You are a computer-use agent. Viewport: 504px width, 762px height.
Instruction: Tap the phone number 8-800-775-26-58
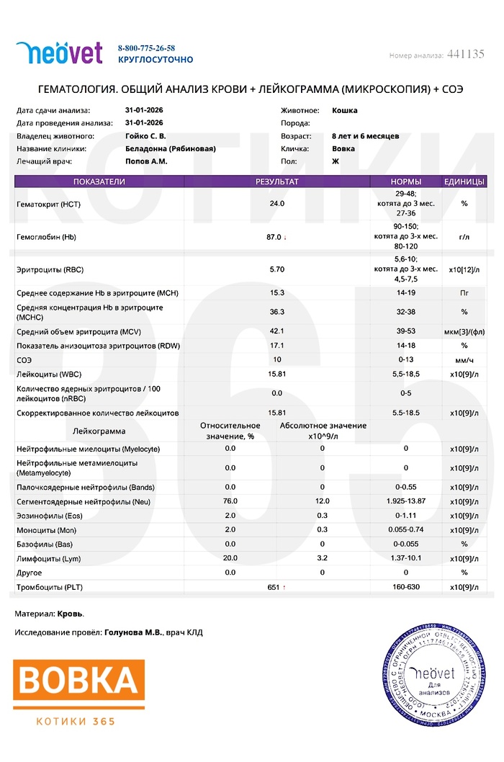(146, 48)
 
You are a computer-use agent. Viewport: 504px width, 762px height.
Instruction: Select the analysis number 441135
(465, 54)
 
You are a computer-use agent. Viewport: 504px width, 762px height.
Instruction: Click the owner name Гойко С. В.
(145, 136)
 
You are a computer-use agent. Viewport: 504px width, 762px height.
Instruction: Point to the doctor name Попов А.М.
(146, 161)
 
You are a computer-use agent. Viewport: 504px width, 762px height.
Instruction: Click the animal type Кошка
(345, 111)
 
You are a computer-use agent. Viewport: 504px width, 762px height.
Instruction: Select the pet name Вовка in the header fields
(343, 149)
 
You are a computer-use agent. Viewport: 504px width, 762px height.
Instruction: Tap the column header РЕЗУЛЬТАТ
(276, 181)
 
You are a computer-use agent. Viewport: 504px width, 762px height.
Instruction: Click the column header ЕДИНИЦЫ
(464, 181)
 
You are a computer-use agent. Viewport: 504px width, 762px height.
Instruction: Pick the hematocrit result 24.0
(276, 204)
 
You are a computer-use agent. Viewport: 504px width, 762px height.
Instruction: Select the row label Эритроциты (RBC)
(50, 269)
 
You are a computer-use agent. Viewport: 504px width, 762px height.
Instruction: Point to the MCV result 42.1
(276, 331)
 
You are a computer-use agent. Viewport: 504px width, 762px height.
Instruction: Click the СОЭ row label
(24, 359)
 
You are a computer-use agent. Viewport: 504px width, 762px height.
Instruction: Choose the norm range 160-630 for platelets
(405, 588)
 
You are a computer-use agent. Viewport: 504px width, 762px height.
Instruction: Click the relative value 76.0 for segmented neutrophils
(230, 501)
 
